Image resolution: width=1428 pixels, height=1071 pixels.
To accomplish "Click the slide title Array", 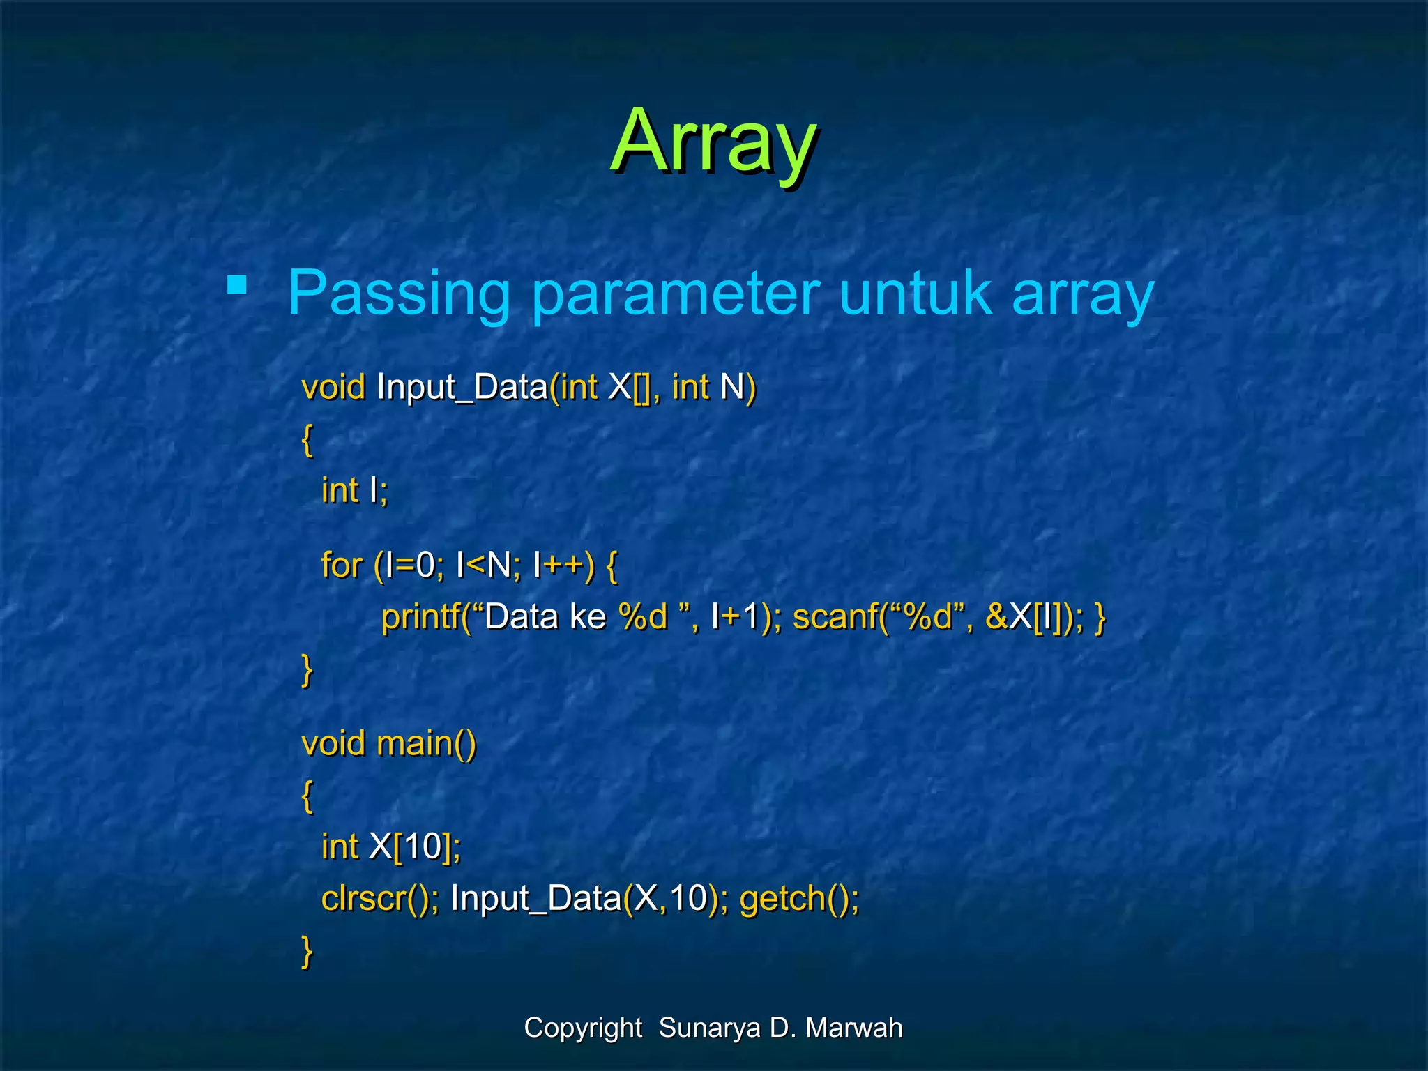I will [x=713, y=142].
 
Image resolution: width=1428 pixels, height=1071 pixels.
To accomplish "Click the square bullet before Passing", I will [x=237, y=285].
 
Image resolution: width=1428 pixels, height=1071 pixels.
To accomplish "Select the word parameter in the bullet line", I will [x=675, y=293].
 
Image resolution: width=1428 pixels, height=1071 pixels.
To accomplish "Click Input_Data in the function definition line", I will [x=462, y=387].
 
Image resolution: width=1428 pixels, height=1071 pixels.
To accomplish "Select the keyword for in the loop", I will [x=341, y=565].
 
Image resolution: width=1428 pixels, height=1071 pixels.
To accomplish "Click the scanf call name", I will [x=834, y=617].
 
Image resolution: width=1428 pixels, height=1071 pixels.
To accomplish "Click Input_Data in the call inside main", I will [x=535, y=898].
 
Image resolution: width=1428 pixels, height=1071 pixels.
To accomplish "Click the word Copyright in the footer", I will [x=583, y=1028].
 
